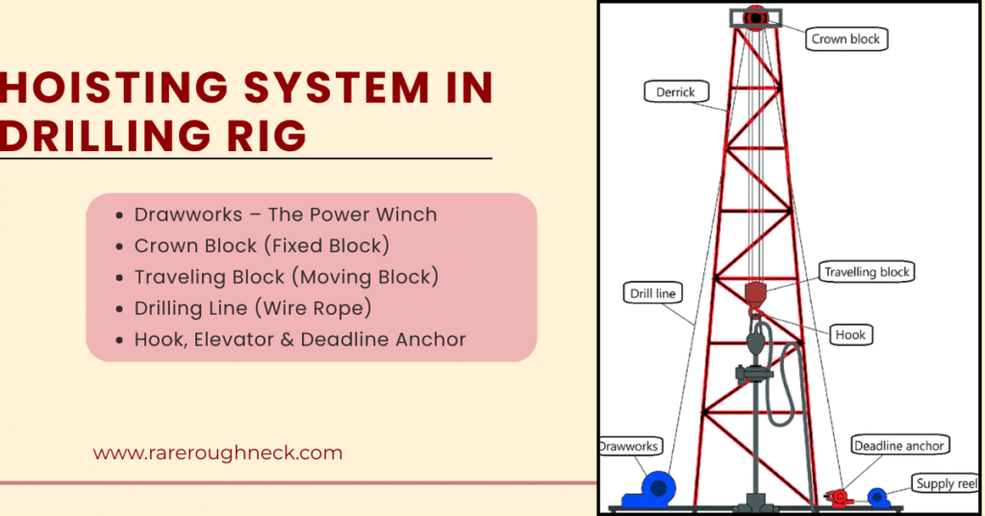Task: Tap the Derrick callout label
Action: [x=675, y=92]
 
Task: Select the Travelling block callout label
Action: [x=866, y=271]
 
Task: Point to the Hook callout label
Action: [x=849, y=335]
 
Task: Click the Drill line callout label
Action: [x=654, y=293]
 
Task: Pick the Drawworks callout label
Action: [x=629, y=446]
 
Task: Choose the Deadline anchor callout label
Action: [x=899, y=445]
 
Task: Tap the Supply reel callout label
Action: [x=947, y=484]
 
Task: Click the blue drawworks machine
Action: [x=649, y=489]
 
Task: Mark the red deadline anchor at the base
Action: [x=838, y=497]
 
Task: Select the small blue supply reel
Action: [x=876, y=497]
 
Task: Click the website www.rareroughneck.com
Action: [x=217, y=452]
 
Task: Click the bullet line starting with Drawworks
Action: [x=285, y=215]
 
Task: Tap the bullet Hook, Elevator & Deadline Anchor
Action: [x=299, y=339]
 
